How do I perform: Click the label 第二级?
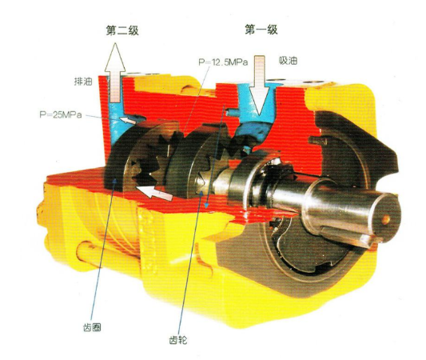(122, 30)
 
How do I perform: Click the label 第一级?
(261, 30)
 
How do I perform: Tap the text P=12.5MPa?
(223, 62)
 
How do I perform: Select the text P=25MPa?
(61, 114)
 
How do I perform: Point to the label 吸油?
(288, 61)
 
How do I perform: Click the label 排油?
(83, 82)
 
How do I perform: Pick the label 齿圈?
(92, 327)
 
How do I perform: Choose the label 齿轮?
(178, 340)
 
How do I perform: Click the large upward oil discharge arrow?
(115, 73)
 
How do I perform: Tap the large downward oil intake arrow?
(260, 85)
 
